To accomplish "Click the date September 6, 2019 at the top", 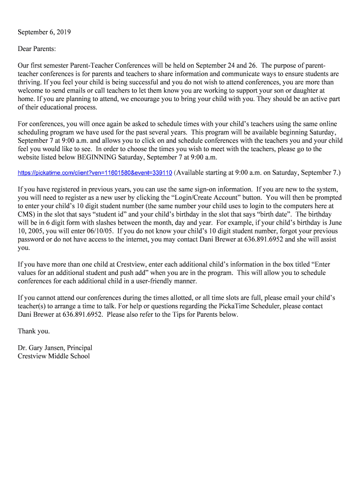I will (x=44, y=32).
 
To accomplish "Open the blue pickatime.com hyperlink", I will (x=95, y=173).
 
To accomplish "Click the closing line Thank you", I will (x=34, y=331).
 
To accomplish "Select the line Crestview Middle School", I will (x=54, y=356).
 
